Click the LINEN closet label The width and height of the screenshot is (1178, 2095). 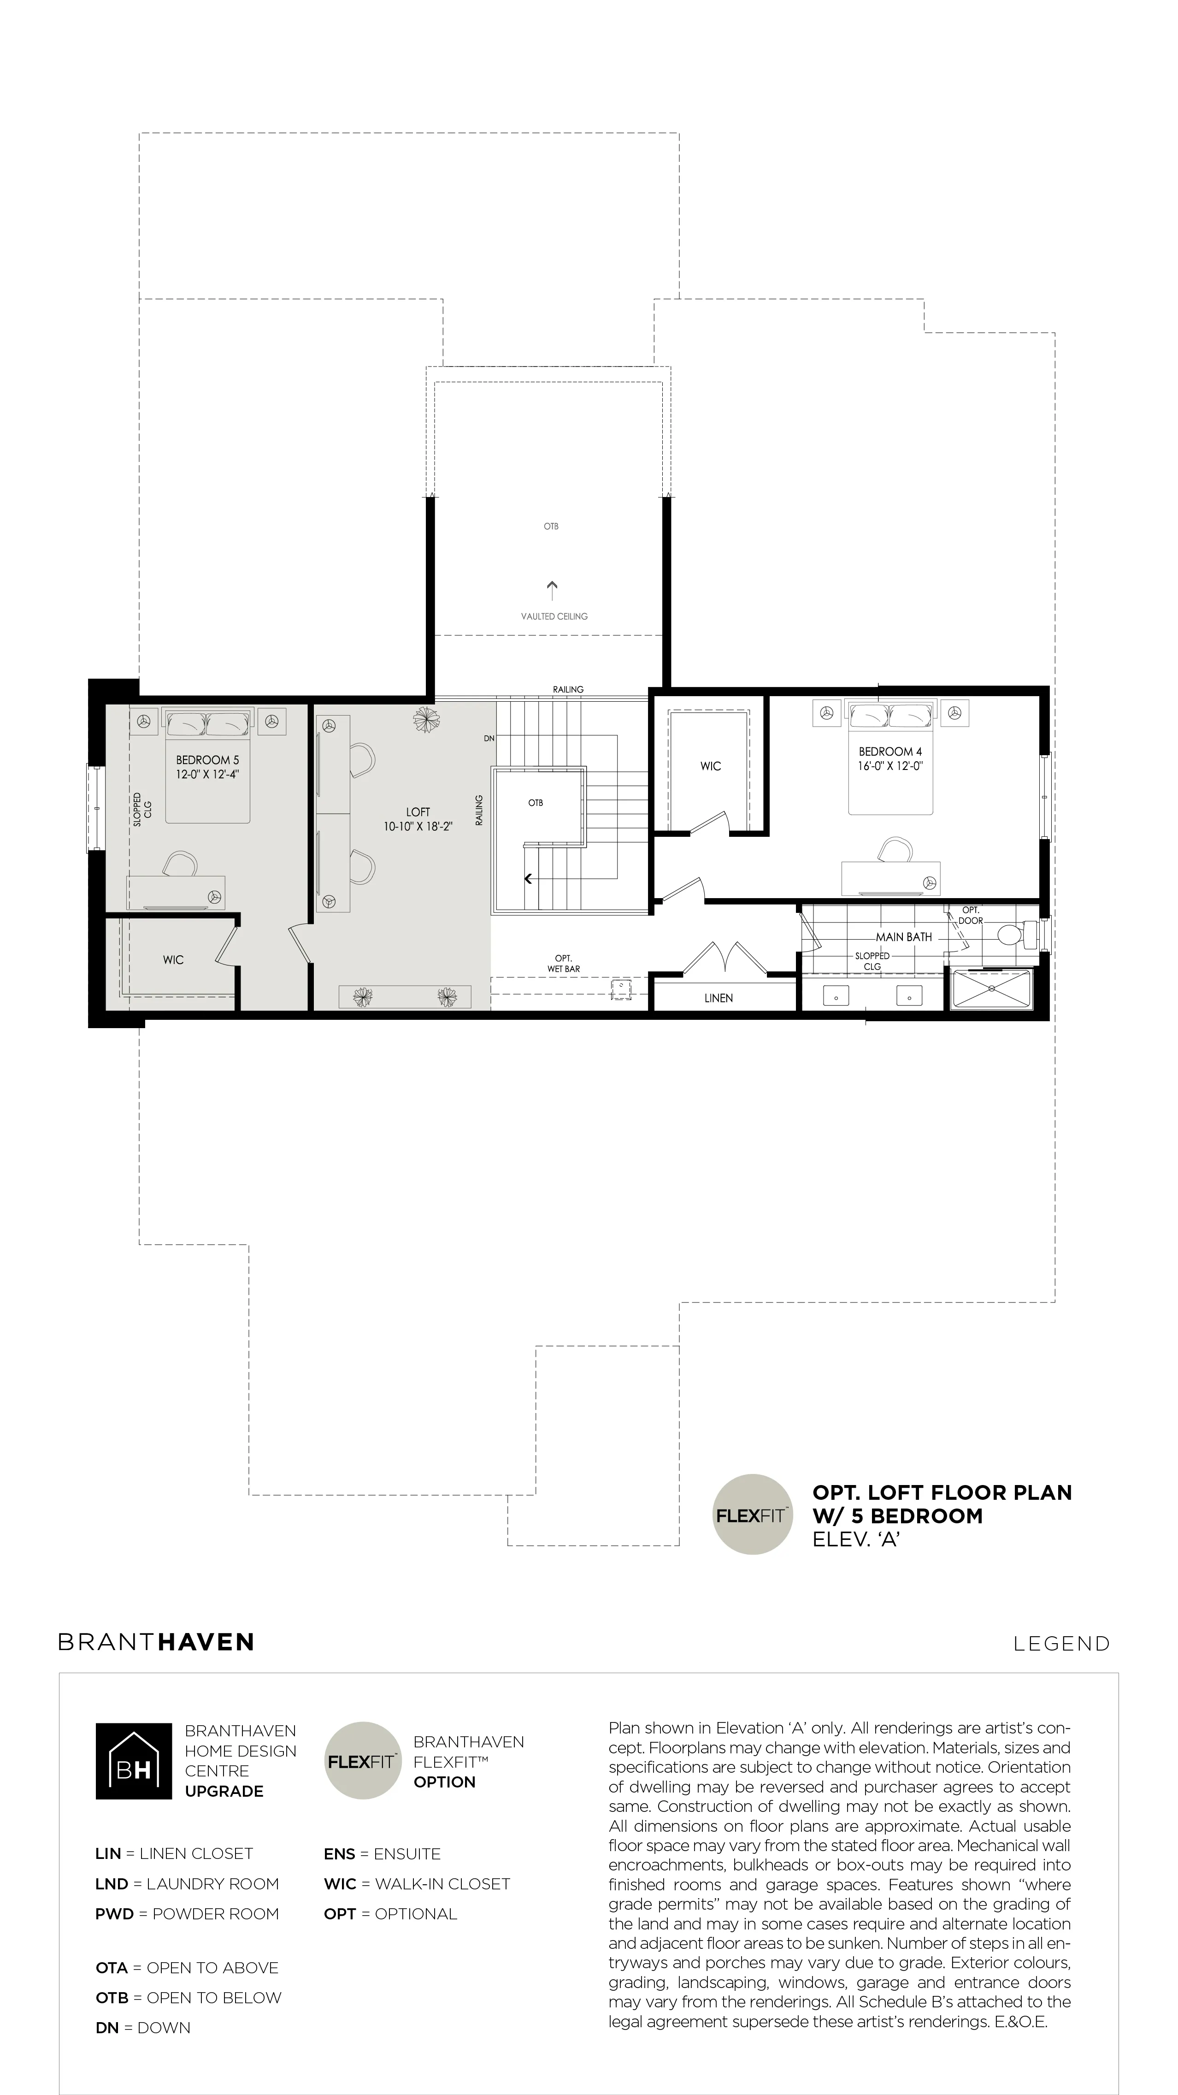click(719, 998)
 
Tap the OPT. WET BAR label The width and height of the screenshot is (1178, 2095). click(563, 964)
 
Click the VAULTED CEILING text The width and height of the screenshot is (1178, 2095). click(554, 616)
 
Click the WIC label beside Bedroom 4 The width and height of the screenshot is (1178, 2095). click(711, 766)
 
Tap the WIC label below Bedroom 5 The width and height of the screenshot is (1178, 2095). click(173, 959)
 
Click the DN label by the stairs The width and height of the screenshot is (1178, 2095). click(489, 739)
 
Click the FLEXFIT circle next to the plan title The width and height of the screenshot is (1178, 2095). click(752, 1515)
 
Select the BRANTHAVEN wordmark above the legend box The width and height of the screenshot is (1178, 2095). click(156, 1643)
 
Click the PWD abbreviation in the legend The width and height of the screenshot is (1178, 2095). click(114, 1914)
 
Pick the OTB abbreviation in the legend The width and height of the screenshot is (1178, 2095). click(112, 1998)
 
